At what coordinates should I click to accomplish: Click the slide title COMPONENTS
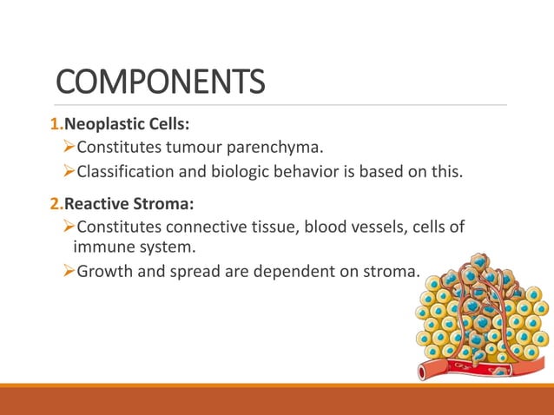click(160, 82)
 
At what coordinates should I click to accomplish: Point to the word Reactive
click(100, 205)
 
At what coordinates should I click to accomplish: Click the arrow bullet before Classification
click(69, 171)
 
